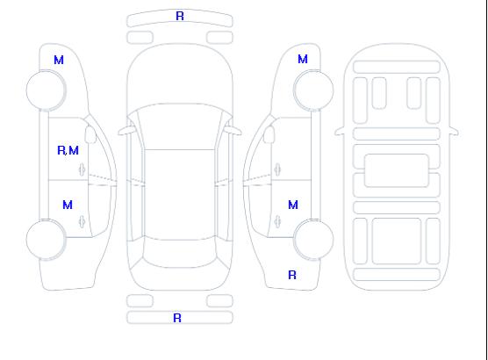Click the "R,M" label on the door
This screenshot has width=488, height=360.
(x=68, y=150)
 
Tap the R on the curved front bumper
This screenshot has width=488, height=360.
(x=180, y=16)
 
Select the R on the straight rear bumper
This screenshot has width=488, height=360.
(x=177, y=318)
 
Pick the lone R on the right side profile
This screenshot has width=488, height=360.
(x=292, y=275)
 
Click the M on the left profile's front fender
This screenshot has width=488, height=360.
(x=59, y=60)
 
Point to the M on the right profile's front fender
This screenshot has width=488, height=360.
(x=303, y=59)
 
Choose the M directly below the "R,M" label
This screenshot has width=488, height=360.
(x=68, y=205)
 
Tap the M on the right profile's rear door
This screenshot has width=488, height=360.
(x=293, y=205)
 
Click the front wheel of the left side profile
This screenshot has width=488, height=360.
(x=46, y=90)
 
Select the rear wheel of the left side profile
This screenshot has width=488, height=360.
(x=46, y=240)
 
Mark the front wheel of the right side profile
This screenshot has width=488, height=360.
(x=313, y=90)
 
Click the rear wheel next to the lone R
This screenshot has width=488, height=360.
(x=313, y=240)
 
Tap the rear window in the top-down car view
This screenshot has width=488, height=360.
(x=180, y=254)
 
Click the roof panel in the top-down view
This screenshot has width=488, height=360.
(x=180, y=195)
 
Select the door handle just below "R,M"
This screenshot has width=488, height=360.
(x=83, y=169)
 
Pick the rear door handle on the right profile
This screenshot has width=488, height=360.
(x=277, y=221)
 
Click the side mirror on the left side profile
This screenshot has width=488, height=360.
(x=90, y=134)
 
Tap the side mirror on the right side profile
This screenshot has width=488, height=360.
(x=269, y=134)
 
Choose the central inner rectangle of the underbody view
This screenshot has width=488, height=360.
(x=397, y=170)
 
